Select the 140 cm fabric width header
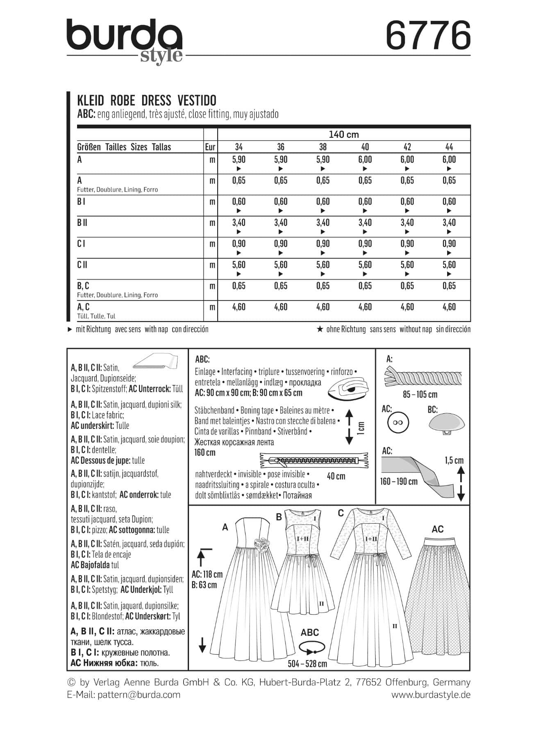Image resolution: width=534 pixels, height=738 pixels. [x=343, y=134]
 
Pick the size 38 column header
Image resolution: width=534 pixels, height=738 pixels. [x=323, y=147]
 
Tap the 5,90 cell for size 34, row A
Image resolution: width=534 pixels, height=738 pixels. [x=239, y=160]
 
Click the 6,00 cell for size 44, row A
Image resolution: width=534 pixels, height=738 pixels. [x=449, y=160]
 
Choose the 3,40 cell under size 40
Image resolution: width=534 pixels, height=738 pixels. [x=365, y=223]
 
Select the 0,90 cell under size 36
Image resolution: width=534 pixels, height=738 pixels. [x=281, y=244]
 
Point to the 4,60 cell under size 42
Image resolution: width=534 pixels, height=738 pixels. [x=407, y=307]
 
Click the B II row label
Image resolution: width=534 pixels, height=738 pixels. [x=82, y=223]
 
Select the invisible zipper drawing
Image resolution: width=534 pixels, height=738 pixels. [x=314, y=460]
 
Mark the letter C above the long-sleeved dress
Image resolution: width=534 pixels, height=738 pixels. [x=341, y=513]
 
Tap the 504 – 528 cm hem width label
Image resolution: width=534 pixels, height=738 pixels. [x=308, y=663]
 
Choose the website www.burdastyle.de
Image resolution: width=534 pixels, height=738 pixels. [x=431, y=695]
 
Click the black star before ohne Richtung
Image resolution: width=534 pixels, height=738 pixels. [x=320, y=329]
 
